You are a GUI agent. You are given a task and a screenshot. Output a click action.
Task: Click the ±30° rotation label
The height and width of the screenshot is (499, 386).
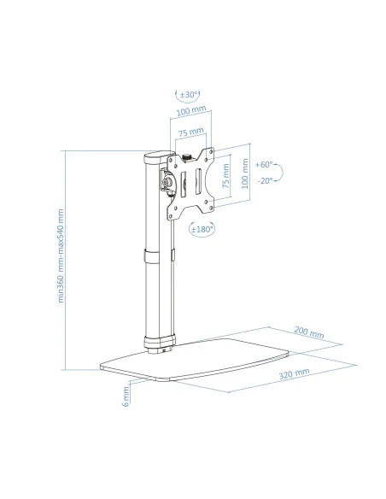coord(189,95)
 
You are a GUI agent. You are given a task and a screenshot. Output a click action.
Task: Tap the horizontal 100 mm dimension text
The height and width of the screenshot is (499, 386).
coord(191,110)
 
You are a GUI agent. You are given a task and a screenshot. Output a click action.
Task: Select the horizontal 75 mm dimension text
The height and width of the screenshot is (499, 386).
coord(190,132)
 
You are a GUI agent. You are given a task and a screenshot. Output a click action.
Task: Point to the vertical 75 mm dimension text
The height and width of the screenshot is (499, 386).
coord(225,176)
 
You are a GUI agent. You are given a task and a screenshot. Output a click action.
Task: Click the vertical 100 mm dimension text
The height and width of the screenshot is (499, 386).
coord(245,173)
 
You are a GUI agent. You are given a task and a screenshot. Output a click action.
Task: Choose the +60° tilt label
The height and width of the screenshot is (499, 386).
coord(264,165)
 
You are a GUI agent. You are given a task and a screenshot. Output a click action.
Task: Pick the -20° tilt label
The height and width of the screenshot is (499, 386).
coord(266,180)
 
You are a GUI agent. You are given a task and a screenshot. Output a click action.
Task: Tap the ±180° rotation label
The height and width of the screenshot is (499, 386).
coord(202,229)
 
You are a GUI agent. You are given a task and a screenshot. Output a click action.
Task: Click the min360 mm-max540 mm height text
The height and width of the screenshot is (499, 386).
coord(61,255)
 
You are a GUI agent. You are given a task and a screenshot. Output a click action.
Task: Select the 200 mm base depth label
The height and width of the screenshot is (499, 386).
coord(309,332)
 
